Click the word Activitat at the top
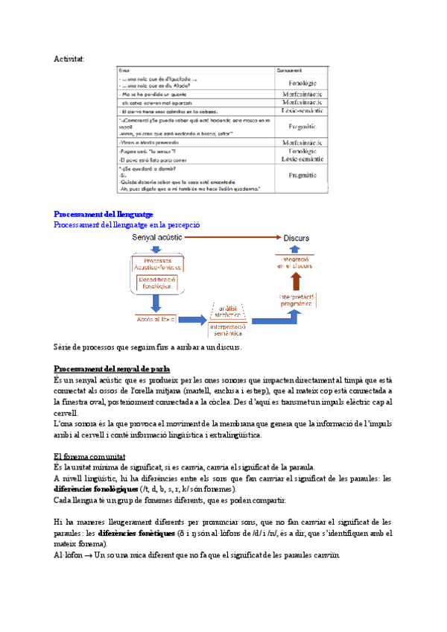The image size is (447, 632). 69,58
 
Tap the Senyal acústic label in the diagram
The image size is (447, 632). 157,238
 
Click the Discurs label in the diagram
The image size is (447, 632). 297,238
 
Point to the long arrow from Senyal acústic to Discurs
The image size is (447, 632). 227,237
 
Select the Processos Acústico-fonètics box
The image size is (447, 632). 156,263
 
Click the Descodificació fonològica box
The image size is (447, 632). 156,282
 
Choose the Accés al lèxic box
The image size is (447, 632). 156,319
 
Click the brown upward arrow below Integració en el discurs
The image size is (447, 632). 297,280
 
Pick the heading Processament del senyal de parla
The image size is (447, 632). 112,369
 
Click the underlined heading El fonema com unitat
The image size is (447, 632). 89,455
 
